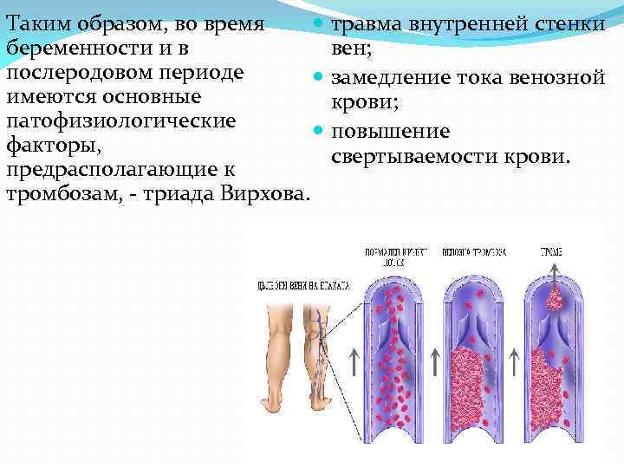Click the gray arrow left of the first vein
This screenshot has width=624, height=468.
(x=354, y=363)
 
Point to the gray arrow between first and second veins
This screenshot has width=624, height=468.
(x=433, y=363)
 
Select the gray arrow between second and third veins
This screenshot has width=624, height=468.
(x=513, y=363)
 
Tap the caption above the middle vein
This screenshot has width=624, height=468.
(x=473, y=252)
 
